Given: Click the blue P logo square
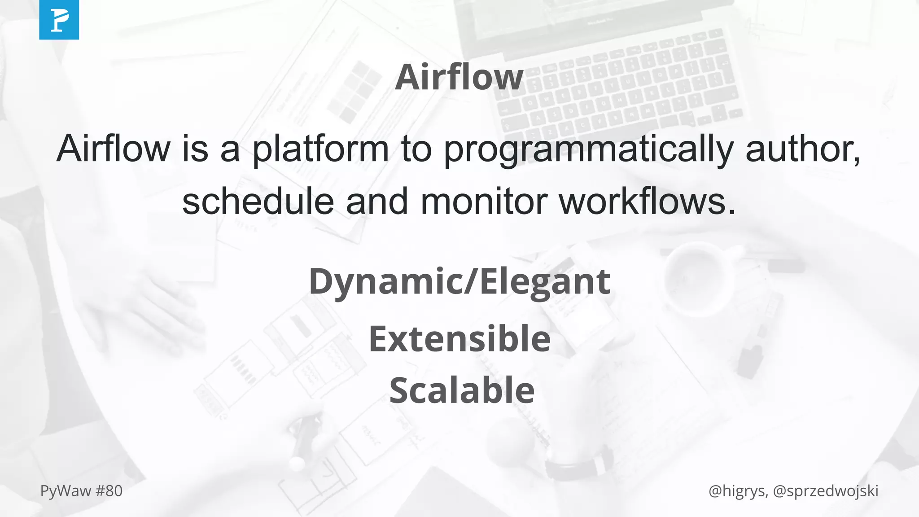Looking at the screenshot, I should click(x=59, y=20).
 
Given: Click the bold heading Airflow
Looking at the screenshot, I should click(x=459, y=77).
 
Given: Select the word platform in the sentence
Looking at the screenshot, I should click(x=320, y=149).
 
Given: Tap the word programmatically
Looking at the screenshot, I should click(x=588, y=149).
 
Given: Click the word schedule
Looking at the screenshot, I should click(x=258, y=202).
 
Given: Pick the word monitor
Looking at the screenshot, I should click(x=484, y=202).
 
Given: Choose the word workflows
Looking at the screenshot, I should click(x=647, y=202).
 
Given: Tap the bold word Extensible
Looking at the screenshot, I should click(x=459, y=339).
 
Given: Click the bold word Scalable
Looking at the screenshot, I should click(x=462, y=390).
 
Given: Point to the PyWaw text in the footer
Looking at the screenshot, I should click(x=66, y=491).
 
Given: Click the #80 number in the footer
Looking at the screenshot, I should click(x=109, y=491).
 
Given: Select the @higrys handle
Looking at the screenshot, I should click(x=737, y=491).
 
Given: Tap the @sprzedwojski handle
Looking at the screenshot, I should click(x=826, y=491).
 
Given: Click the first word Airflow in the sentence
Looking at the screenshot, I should click(x=114, y=149).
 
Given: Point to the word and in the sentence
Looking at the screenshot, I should click(x=376, y=202).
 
